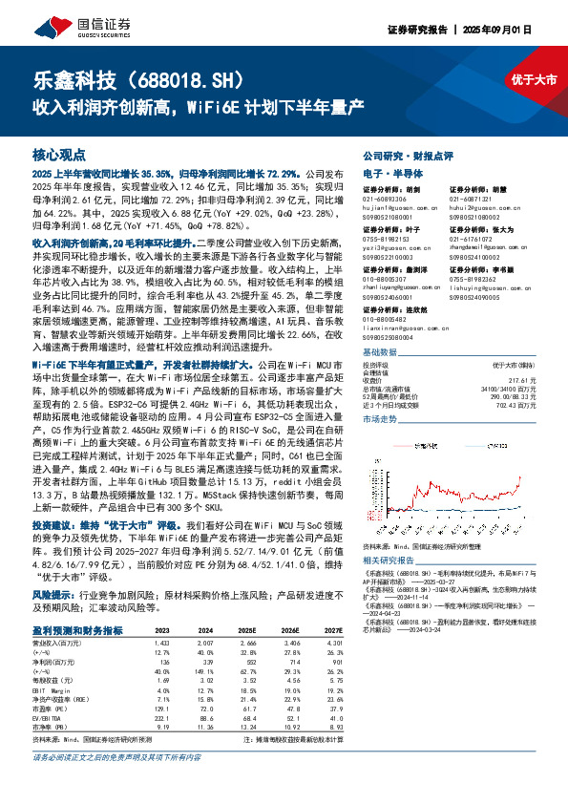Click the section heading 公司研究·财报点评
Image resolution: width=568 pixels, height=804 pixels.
tap(407, 154)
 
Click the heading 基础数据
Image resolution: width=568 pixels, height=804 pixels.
tap(381, 351)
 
